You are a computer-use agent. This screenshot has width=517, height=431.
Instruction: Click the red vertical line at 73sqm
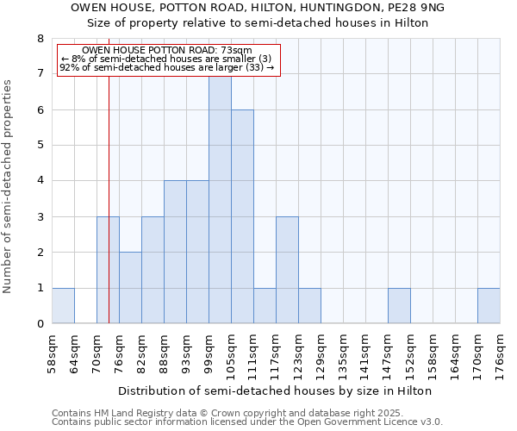coord(109,198)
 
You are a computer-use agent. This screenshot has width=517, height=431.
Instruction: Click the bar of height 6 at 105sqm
coord(242,216)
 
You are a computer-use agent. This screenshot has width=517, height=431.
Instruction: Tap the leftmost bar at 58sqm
coord(63,306)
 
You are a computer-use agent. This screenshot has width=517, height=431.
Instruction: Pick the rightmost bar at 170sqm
coord(489,306)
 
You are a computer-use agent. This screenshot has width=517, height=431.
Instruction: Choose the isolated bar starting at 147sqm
coord(399,306)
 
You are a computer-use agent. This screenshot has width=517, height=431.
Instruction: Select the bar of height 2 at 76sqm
coord(130,288)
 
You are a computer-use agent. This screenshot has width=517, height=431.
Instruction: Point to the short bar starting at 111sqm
coord(265,306)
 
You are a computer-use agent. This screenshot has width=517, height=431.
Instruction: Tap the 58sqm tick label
coord(52,353)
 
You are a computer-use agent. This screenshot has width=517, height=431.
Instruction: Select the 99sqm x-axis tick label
coord(209,353)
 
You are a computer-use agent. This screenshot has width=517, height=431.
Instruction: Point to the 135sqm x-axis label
coord(343,353)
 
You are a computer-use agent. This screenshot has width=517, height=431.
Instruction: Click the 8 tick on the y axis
coord(40,39)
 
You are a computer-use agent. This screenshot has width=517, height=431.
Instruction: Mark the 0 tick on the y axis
coord(40,324)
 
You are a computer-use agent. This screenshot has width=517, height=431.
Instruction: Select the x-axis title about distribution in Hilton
coord(274,390)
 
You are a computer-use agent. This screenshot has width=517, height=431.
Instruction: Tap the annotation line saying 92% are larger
coord(167,67)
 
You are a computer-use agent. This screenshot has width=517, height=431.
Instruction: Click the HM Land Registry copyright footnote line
coord(221,413)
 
